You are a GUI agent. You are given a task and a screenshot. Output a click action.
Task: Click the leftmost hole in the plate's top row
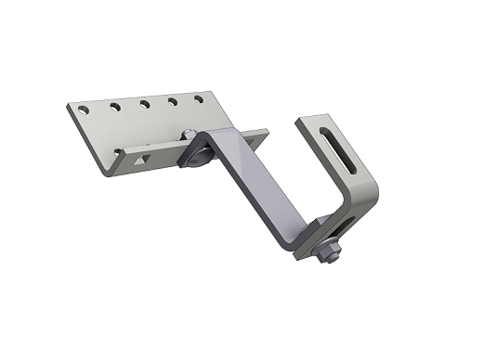pos(84,110)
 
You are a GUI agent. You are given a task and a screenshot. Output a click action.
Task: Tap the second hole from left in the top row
pos(115,107)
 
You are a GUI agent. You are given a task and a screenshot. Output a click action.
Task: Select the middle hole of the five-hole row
pos(145,103)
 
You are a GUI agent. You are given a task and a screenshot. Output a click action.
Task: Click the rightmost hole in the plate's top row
pos(199,97)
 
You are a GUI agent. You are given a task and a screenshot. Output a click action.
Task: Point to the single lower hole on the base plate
pos(117,152)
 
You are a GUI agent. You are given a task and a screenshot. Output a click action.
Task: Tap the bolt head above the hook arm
pos(189,135)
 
